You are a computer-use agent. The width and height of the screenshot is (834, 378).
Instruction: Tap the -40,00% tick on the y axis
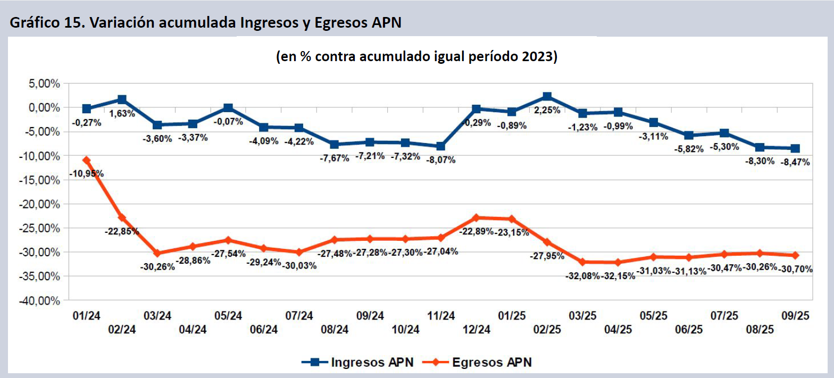40,300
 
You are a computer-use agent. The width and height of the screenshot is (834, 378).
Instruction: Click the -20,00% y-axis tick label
40,204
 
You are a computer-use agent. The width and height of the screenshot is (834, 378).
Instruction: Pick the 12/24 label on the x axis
476,330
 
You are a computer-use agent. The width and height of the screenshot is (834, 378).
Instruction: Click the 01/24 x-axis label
86,316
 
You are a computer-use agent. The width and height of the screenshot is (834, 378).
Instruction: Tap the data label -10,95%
86,173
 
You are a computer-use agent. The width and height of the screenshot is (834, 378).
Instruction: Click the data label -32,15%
619,276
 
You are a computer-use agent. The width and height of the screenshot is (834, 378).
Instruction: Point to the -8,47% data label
795,162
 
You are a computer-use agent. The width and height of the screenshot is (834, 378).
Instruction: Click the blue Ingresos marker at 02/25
547,97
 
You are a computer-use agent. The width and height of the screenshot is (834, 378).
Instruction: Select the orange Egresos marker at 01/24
86,160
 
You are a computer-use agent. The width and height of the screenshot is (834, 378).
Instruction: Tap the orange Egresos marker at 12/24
476,217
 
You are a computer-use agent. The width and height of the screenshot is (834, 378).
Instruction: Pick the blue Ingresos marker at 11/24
441,146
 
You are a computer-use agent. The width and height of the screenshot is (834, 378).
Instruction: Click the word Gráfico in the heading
34,24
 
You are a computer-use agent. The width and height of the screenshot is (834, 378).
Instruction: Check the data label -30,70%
796,269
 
